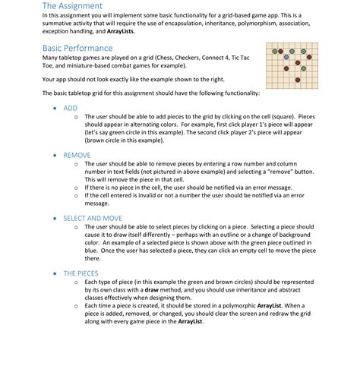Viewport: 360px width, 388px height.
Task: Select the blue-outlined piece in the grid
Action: [x=286, y=57]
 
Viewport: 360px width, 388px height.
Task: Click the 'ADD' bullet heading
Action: [x=71, y=109]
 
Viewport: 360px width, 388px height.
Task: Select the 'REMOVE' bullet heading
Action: [x=77, y=154]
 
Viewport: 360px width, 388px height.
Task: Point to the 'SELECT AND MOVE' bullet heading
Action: [x=93, y=218]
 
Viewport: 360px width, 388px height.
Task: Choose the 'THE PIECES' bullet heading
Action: [x=81, y=273]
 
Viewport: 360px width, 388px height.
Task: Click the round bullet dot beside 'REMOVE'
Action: [x=55, y=154]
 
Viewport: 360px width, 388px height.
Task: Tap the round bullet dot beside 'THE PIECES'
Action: [x=55, y=273]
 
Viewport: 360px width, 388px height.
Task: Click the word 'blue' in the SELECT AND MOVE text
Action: [x=91, y=250]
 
